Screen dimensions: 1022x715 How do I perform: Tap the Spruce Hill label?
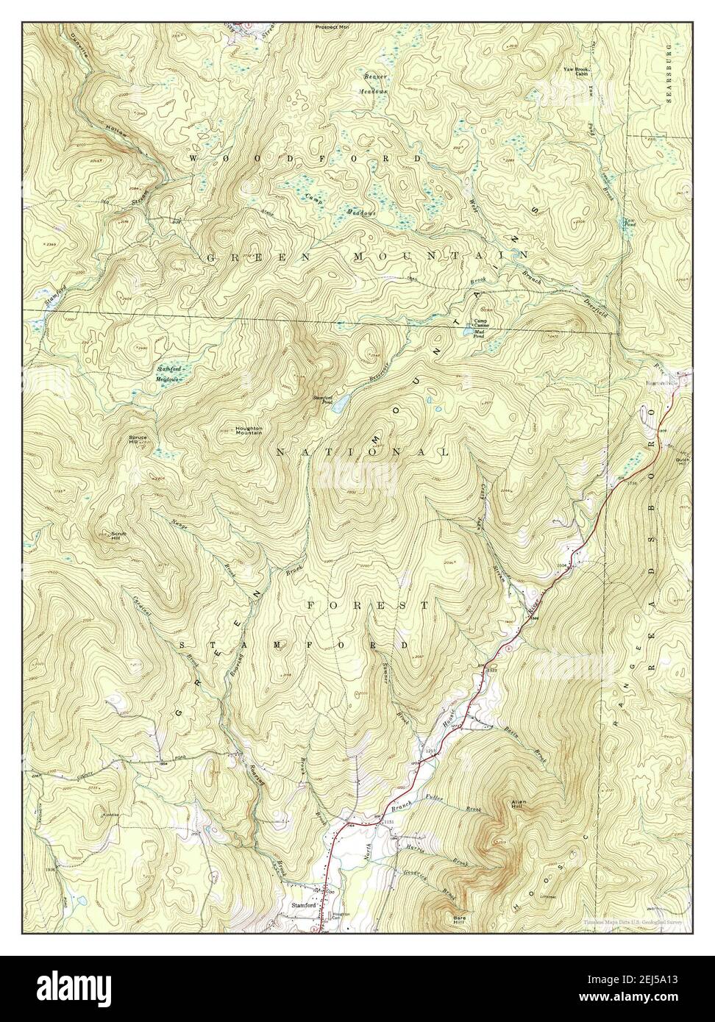coord(138,440)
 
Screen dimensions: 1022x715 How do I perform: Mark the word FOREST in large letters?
coord(367,605)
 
